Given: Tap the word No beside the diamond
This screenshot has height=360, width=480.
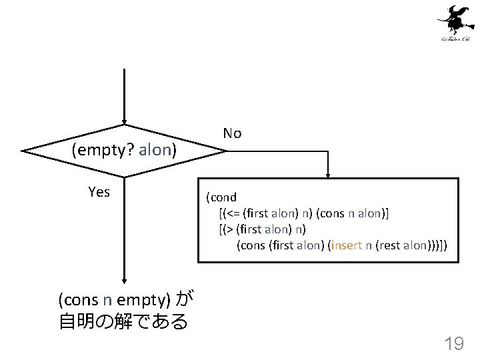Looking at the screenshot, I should click(x=232, y=133).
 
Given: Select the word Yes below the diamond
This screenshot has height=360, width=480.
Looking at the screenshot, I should click(x=99, y=192).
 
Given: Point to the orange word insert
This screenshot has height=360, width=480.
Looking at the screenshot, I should click(x=347, y=245).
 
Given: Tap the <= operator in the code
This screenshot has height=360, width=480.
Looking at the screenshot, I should click(x=233, y=213).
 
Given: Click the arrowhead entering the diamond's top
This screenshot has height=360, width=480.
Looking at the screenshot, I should click(x=124, y=121).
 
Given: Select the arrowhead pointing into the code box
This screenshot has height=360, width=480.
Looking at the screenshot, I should click(x=328, y=174).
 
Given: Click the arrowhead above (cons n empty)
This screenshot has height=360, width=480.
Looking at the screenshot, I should click(x=124, y=282).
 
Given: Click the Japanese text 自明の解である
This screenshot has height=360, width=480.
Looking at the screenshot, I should click(x=123, y=322).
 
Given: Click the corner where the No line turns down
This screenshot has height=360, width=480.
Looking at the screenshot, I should click(x=328, y=151).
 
